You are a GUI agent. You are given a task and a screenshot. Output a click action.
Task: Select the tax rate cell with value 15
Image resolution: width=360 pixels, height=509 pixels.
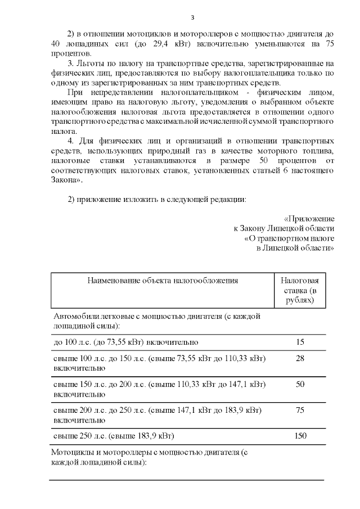299,342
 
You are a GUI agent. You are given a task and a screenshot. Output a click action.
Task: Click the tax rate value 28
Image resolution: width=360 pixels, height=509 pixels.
299,358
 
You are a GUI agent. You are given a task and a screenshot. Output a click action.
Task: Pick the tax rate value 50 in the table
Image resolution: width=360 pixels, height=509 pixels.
299,384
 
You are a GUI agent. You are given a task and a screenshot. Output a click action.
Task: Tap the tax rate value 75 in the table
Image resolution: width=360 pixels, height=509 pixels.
299,410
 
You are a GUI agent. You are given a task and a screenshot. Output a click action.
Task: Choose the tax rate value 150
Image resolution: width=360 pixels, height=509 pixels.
299,436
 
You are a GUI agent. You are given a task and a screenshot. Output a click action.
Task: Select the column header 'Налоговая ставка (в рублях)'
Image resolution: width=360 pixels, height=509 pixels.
299,290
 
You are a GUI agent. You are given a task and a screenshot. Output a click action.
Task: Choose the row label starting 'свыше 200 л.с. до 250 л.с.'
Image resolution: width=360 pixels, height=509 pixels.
159,415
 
